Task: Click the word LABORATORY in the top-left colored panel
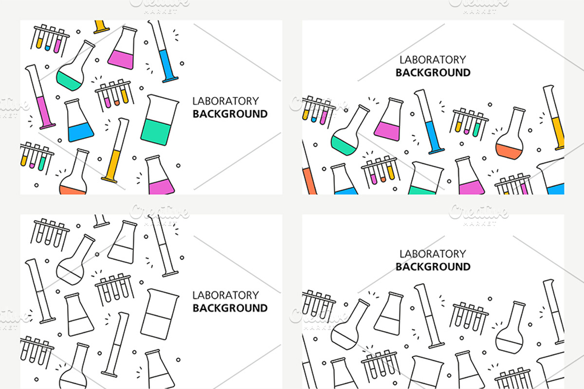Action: click(225, 101)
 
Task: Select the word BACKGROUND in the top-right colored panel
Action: click(433, 72)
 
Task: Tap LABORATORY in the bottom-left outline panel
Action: click(225, 295)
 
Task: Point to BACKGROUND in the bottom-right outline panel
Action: click(433, 267)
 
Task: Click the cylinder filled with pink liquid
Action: click(40, 97)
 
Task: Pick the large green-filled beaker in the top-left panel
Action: click(159, 120)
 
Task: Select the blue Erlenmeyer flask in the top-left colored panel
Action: click(79, 121)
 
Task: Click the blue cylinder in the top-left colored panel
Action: click(164, 52)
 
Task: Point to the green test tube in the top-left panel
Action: click(43, 159)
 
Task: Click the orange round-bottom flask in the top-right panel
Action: click(510, 133)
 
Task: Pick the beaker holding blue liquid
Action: click(552, 177)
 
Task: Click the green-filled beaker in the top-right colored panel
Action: click(425, 178)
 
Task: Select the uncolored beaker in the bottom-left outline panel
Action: click(159, 314)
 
